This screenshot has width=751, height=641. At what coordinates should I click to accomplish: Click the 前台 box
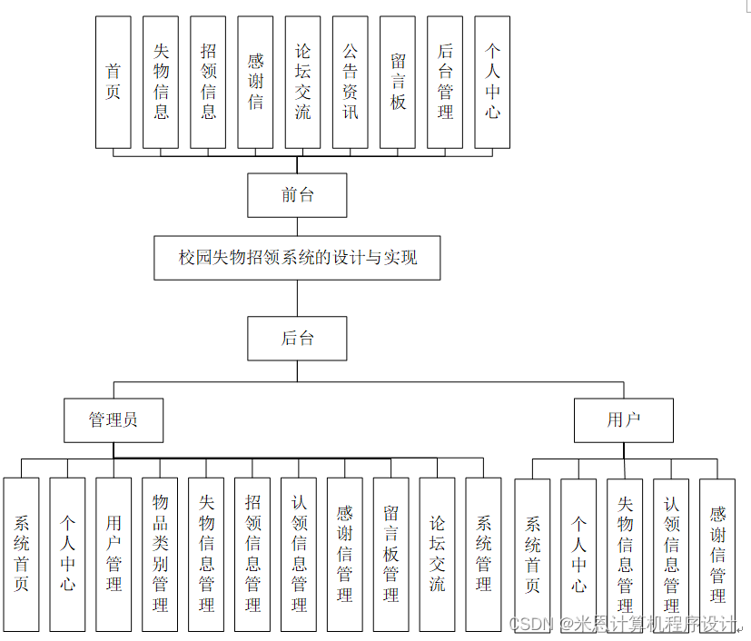(x=297, y=194)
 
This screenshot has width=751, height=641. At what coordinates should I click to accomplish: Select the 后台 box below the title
(x=297, y=339)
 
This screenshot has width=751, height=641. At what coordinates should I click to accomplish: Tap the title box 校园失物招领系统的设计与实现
(x=297, y=258)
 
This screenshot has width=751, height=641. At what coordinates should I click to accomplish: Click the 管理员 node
(x=114, y=420)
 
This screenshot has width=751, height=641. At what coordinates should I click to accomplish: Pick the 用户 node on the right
(x=623, y=420)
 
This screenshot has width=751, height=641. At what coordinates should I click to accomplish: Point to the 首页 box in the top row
(x=114, y=82)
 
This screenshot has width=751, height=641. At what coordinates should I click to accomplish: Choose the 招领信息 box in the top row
(x=208, y=82)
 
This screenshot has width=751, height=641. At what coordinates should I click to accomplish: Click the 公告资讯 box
(x=350, y=82)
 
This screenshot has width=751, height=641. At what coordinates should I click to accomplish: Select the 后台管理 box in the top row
(x=444, y=82)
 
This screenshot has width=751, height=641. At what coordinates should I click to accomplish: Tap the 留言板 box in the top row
(x=397, y=82)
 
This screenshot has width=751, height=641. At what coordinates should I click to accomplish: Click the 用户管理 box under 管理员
(x=114, y=554)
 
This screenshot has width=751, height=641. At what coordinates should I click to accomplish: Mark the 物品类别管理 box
(x=161, y=554)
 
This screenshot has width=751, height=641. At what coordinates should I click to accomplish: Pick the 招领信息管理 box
(x=253, y=554)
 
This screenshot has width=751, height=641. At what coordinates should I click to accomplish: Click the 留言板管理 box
(x=390, y=554)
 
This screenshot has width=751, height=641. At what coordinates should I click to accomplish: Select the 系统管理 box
(x=483, y=554)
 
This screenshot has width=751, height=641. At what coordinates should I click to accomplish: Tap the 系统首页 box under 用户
(x=532, y=554)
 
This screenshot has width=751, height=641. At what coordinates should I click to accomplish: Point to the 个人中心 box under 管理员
(x=67, y=554)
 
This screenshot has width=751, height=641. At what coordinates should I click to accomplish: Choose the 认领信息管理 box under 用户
(x=671, y=554)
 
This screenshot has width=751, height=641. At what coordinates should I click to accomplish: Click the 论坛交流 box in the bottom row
(x=437, y=554)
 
